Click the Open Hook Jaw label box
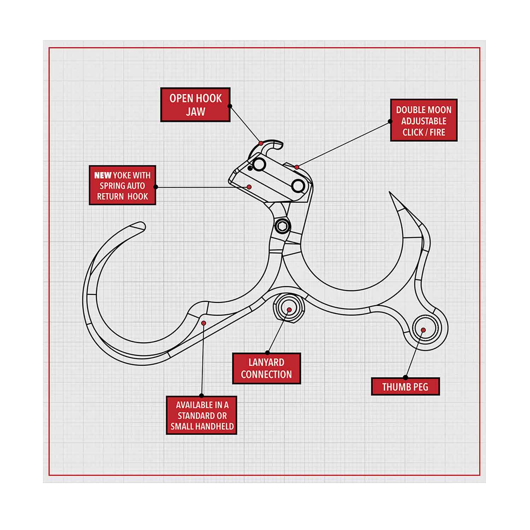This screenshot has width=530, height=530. click(195, 105)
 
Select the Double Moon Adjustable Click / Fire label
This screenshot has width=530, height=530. click(424, 120)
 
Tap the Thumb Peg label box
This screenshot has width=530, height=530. click(405, 387)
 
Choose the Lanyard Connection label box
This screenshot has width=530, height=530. click(266, 368)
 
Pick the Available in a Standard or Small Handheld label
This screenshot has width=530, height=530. click(201, 415)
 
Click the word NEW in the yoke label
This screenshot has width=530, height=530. click(103, 175)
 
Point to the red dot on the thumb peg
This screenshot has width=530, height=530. click(423, 330)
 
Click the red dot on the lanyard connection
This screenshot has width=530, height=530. click(289, 310)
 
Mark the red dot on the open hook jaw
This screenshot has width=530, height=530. click(261, 143)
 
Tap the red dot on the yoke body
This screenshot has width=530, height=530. click(249, 187)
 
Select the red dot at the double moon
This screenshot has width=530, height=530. click(297, 167)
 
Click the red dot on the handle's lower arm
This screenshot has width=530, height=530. click(204, 323)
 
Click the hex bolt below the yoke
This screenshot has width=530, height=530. click(283, 225)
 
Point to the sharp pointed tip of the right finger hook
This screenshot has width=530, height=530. click(390, 193)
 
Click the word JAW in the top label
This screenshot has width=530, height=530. click(195, 112)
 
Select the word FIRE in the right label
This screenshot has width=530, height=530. click(437, 132)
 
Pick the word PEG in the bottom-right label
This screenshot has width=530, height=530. click(420, 387)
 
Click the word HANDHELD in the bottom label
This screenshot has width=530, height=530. click(216, 426)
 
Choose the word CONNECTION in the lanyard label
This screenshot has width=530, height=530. click(266, 375)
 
